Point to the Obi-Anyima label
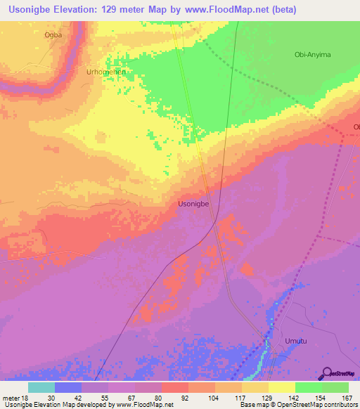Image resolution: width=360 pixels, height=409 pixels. click(312, 55)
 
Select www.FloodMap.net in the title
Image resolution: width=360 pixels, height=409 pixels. click(226, 10)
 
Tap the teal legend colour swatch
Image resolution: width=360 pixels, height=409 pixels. click(41, 387)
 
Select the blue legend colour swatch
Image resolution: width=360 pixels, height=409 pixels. click(68, 387)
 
